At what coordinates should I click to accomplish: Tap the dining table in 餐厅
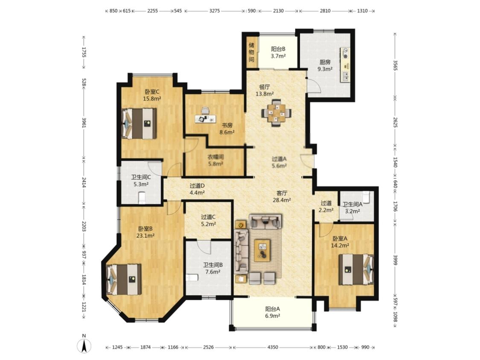pos(276,113)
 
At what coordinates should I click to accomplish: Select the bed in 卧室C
pos(139,123)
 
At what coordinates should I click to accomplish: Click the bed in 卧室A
pos(356,270)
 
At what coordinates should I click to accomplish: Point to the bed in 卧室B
pos(124,279)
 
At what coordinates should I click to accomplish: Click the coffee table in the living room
pos(262,250)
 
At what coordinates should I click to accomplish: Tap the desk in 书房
pos(205,119)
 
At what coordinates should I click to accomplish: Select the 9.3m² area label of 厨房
pos(325,69)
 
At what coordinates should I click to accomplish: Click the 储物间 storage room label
pos(251,52)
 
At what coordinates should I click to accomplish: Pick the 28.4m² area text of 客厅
pos(282,200)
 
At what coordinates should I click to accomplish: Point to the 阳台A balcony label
pos(273,309)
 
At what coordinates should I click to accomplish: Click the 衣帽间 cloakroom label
pos(216,157)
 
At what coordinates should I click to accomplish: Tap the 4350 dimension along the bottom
pos(273,347)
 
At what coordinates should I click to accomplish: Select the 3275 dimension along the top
pos(214,11)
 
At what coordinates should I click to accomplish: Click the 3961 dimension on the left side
pos(84,122)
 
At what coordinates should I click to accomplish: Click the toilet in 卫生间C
pos(142,197)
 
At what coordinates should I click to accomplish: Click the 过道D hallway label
pos(197,186)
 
